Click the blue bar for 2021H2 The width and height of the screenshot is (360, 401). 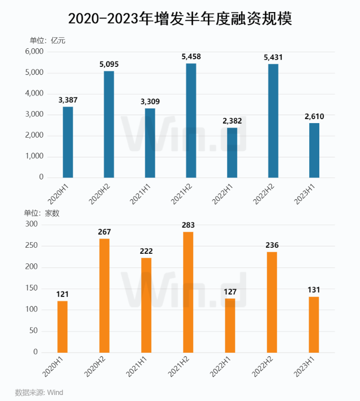(191, 121)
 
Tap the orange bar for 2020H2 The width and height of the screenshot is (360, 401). (104, 295)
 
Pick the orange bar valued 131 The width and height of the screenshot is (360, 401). (314, 325)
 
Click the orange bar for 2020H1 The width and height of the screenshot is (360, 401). (62, 327)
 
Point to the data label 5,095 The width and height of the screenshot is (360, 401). (109, 64)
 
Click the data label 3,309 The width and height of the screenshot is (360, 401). (150, 102)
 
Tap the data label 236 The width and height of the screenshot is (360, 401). (272, 245)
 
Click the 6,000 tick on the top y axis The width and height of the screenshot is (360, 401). (34, 52)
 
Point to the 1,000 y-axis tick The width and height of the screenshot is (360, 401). (34, 157)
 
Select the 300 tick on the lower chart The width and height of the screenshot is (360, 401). (31, 225)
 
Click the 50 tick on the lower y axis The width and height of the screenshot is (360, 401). (33, 331)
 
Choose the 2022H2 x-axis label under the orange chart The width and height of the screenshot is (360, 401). (263, 368)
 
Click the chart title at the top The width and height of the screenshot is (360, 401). (179, 19)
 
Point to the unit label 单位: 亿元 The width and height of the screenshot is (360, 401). (47, 41)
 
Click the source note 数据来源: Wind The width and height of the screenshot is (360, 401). (39, 392)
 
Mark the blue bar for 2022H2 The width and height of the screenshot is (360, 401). (273, 121)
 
